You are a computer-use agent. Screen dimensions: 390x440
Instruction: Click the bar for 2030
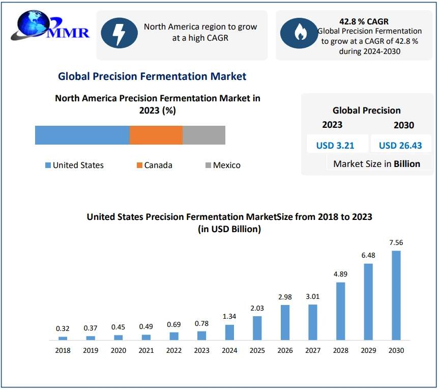click(396, 295)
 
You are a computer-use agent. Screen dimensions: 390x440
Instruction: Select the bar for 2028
click(341, 311)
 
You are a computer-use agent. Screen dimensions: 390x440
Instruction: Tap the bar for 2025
click(257, 328)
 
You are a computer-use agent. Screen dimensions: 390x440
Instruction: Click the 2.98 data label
click(285, 296)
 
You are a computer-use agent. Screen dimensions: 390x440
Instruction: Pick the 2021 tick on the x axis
click(146, 350)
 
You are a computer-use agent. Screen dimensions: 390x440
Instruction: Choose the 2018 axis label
click(63, 350)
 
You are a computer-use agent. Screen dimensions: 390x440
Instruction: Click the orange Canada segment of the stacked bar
click(156, 135)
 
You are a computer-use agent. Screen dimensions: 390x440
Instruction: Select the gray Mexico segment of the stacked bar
click(203, 135)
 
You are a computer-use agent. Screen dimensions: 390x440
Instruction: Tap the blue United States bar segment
click(82, 135)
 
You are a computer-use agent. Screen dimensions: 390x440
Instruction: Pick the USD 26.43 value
click(400, 145)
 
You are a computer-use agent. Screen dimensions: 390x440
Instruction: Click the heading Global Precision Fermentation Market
click(152, 76)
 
